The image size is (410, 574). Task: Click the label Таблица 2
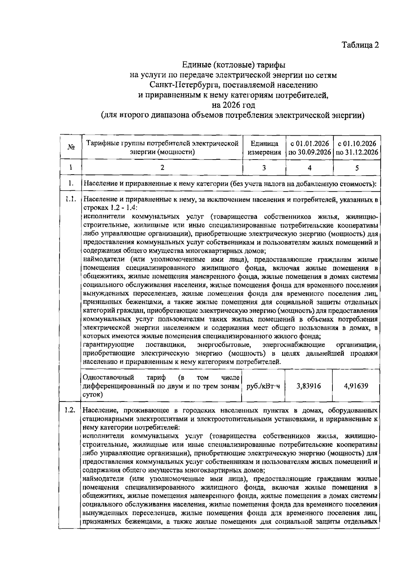click(x=361, y=45)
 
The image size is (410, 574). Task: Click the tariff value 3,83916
click(x=309, y=386)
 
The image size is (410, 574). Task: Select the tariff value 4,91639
click(x=356, y=386)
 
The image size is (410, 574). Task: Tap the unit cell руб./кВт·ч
click(x=263, y=386)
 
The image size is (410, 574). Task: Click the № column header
click(x=71, y=148)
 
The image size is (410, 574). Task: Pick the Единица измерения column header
click(x=264, y=148)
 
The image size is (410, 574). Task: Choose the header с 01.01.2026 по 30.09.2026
click(x=309, y=148)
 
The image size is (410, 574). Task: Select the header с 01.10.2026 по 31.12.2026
click(x=357, y=148)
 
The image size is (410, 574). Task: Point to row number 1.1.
click(x=71, y=199)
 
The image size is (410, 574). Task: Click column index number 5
click(x=357, y=168)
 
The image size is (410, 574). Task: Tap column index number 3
click(x=264, y=168)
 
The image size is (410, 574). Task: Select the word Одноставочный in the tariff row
click(x=108, y=378)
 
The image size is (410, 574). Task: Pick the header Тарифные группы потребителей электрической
click(x=162, y=143)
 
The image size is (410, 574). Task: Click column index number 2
click(x=162, y=168)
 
